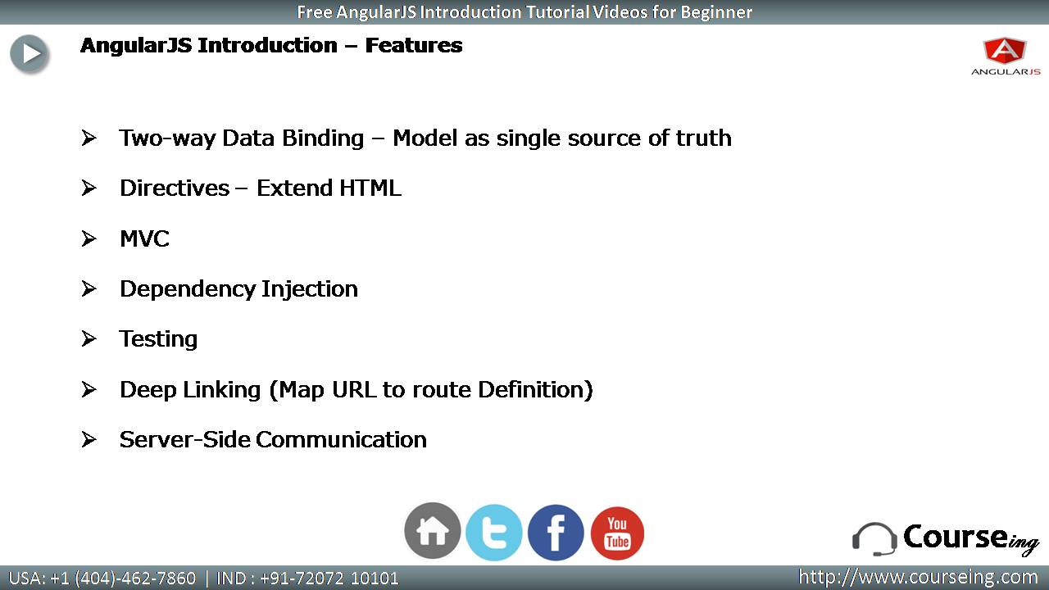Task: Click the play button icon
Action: [x=30, y=53]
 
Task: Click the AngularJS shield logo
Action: [x=1005, y=51]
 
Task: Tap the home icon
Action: [x=432, y=531]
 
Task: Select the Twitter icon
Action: [x=494, y=533]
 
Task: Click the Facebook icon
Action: [x=556, y=533]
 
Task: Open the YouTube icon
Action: [x=617, y=533]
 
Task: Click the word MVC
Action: [x=144, y=238]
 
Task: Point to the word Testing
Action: [x=158, y=339]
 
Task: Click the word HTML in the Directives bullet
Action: [x=370, y=188]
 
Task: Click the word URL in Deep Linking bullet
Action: [x=354, y=389]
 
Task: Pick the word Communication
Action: [x=342, y=440]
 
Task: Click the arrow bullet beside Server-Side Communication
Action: [x=89, y=439]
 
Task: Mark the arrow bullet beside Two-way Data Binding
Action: [x=89, y=138]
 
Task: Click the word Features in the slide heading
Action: [x=414, y=45]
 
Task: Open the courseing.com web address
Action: [x=918, y=577]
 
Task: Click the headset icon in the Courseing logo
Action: [x=874, y=539]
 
